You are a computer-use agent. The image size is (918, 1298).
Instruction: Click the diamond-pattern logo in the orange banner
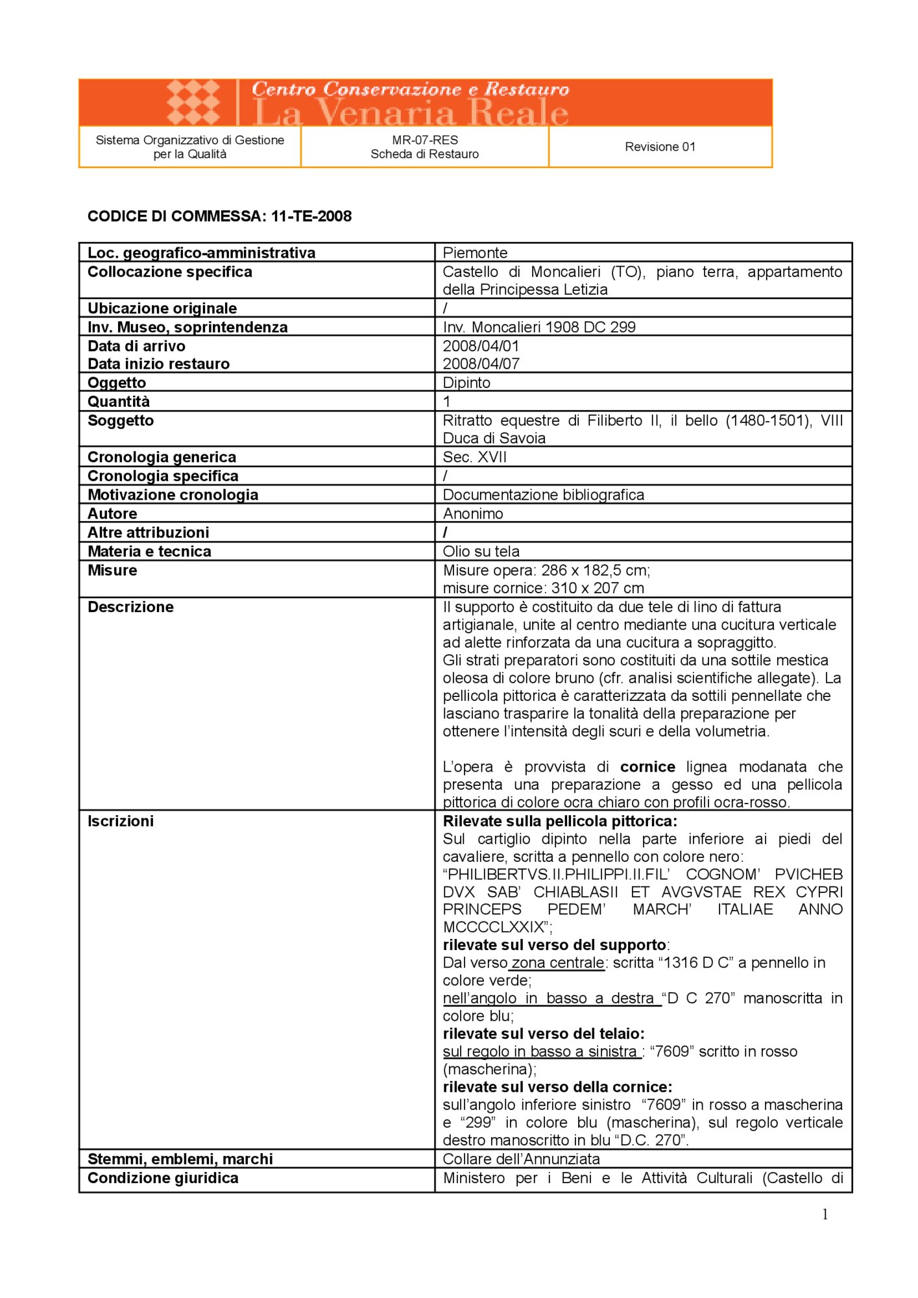[193, 103]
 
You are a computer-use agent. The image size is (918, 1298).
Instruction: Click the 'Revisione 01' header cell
[660, 147]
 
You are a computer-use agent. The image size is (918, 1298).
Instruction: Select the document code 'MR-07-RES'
[425, 140]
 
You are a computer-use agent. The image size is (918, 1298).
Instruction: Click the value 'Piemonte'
[475, 252]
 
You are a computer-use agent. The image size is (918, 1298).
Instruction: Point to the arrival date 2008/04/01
[481, 346]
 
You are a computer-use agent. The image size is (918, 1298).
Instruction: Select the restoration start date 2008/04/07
[481, 363]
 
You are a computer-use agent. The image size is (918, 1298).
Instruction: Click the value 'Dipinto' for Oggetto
[466, 382]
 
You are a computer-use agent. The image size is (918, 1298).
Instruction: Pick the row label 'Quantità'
[119, 401]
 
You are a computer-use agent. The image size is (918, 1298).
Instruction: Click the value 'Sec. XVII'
[474, 457]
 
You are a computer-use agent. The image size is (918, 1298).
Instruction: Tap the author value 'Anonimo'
[473, 513]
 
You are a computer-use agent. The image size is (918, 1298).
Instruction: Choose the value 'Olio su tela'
[481, 551]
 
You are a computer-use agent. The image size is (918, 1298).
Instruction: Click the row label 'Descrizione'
[130, 607]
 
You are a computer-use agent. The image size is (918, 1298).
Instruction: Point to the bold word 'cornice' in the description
[647, 766]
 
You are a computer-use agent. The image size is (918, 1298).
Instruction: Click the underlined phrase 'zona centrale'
[558, 962]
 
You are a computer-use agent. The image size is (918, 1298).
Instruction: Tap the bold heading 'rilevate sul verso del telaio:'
[544, 1033]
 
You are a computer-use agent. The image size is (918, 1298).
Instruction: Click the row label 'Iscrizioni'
[121, 821]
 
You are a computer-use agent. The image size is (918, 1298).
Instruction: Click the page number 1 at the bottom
[825, 1214]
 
